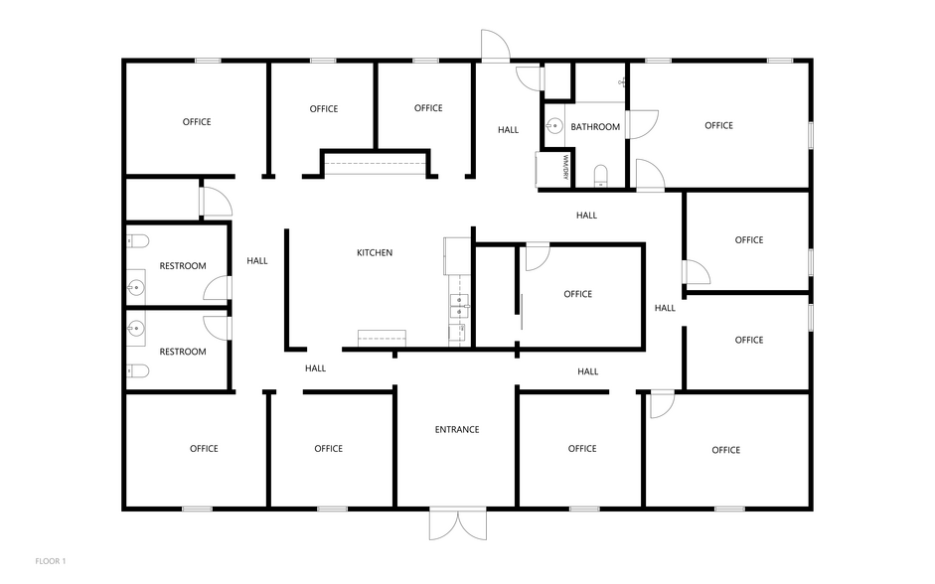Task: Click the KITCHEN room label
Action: (375, 252)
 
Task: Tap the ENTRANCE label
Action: (457, 429)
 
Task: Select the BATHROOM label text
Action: (595, 127)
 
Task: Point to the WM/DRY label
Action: (565, 168)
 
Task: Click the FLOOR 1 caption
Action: (51, 561)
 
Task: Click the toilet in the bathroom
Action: (600, 175)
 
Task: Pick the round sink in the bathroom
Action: (554, 126)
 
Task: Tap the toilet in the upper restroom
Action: (138, 241)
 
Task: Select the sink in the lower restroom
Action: (136, 329)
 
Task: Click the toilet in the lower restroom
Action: (138, 370)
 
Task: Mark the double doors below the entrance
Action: (458, 524)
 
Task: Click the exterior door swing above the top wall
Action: (496, 46)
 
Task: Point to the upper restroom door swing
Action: (217, 288)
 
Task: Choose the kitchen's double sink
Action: (459, 306)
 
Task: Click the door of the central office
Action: (538, 257)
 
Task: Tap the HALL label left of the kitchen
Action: (257, 260)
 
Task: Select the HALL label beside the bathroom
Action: (508, 129)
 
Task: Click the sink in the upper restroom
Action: (136, 288)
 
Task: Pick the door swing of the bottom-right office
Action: (662, 403)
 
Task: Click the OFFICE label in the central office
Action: (578, 294)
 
